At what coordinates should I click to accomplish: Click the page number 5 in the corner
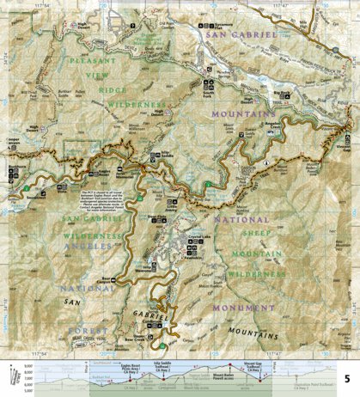pyautogui.click(x=346, y=378)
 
